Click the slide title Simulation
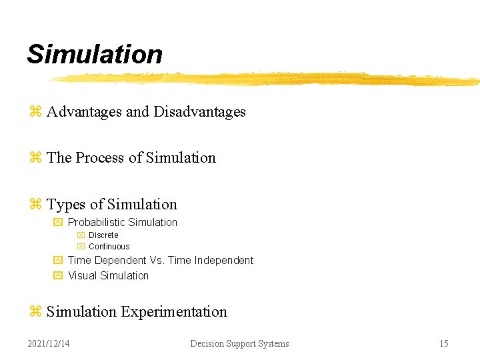point(94,55)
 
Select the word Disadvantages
point(199,112)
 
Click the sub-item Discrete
point(103,235)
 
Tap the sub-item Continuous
point(109,247)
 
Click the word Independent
point(223,261)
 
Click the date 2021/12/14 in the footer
point(49,344)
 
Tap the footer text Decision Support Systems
point(239,344)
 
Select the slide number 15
point(443,344)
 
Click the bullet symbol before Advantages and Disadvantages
point(35,112)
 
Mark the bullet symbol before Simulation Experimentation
point(35,312)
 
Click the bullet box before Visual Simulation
point(57,276)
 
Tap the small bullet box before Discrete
point(81,235)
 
